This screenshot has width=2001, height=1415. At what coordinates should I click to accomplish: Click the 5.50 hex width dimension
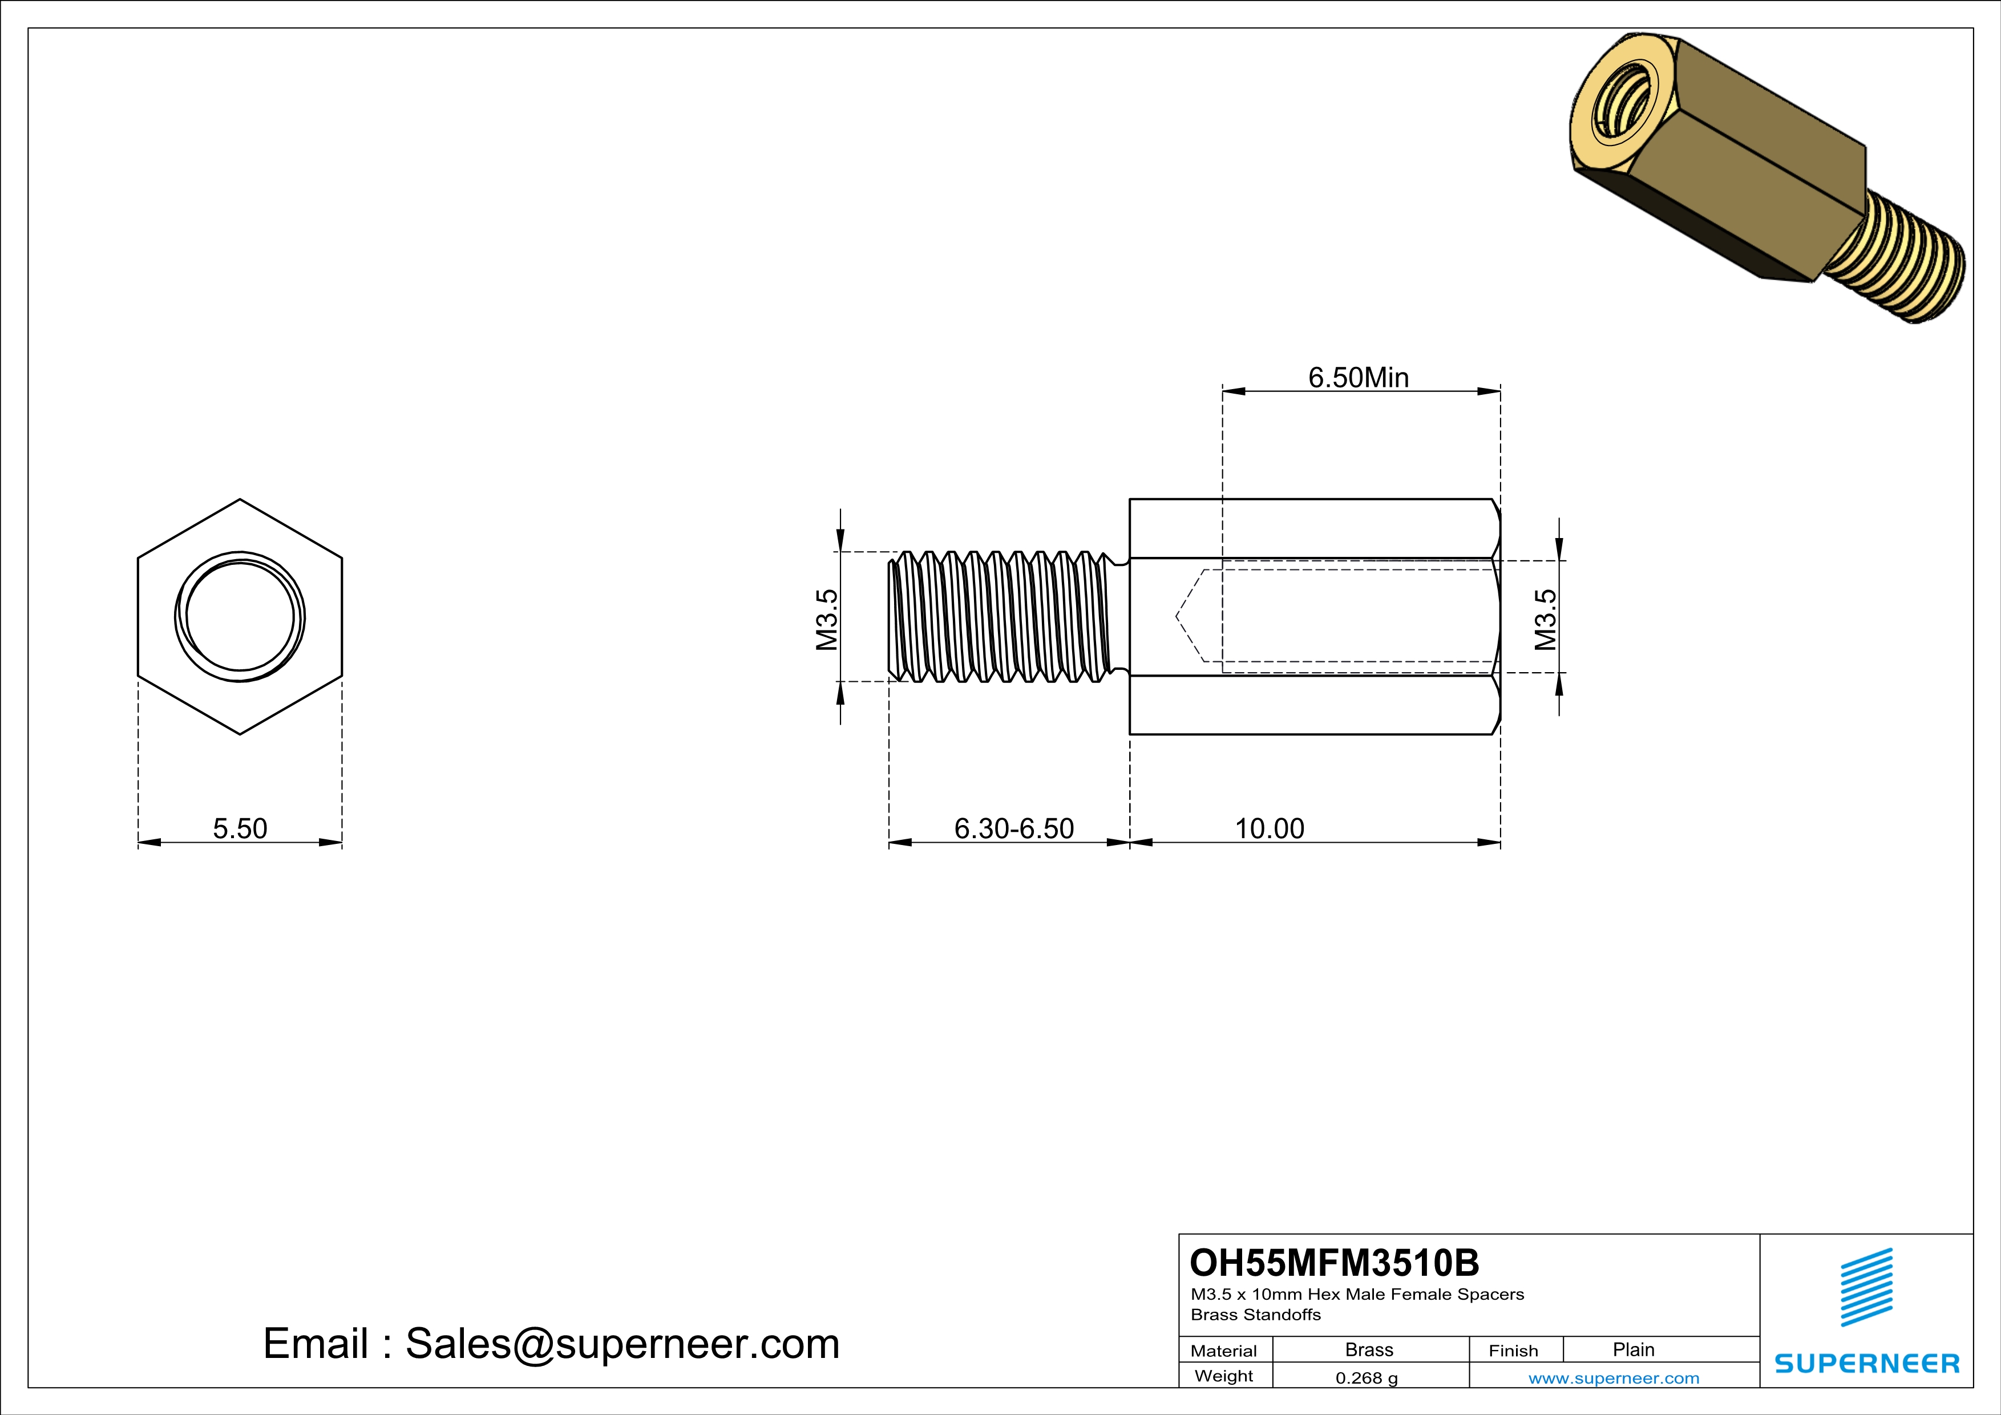240,828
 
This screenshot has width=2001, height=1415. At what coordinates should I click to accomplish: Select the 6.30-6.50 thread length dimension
1013,828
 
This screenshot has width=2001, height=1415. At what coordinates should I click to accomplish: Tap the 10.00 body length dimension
1269,828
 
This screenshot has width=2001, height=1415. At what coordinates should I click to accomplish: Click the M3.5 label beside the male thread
826,620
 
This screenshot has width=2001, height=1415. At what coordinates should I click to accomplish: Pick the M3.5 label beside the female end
1545,620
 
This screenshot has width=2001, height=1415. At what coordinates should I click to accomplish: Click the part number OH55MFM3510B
1335,1263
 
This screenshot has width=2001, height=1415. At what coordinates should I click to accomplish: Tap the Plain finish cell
1633,1349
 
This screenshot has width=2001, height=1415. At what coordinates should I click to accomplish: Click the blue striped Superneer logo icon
1866,1287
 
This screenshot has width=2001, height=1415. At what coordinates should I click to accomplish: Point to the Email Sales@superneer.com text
551,1344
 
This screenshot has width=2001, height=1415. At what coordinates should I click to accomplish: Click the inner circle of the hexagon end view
240,617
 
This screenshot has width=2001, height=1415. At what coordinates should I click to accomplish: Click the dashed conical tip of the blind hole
1190,617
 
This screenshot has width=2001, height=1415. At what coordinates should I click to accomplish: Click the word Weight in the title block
1224,1377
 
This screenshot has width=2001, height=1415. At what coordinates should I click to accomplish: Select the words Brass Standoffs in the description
1255,1315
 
